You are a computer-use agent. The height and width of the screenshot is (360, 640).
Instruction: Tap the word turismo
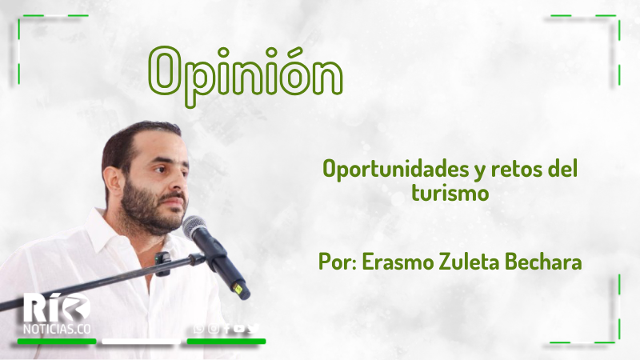coord(450,192)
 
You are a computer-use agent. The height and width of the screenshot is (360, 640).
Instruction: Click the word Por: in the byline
coord(338,262)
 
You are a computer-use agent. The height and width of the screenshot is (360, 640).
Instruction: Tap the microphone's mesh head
coord(195,227)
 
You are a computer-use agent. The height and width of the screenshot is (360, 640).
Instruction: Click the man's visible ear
coord(113,182)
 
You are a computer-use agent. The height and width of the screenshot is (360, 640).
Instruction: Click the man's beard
coord(151,210)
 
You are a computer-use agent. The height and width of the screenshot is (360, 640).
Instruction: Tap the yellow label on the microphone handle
coord(237,289)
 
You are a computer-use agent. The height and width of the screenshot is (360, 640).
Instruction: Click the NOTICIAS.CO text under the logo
coord(57,329)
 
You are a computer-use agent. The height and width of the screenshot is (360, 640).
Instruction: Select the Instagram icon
coord(213,329)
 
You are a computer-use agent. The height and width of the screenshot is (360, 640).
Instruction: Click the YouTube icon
coord(239,329)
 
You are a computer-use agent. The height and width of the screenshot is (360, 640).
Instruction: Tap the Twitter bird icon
coord(254,328)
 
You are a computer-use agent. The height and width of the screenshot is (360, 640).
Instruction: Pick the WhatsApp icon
coord(198,329)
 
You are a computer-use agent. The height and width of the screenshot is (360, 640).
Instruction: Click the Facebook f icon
coord(227,329)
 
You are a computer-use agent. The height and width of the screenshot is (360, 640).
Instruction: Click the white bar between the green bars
coord(142,342)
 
